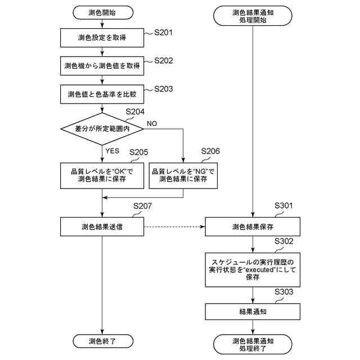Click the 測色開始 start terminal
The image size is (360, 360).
point(102,11)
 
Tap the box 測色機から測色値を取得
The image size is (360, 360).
point(102,65)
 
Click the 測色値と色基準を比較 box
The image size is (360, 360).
point(102,93)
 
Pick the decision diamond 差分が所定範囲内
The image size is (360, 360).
point(102,129)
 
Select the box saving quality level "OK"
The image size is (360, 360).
point(102,175)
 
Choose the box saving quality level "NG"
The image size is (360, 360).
point(183,175)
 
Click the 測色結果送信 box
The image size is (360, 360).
point(102,227)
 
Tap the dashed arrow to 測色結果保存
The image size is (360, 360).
point(174,227)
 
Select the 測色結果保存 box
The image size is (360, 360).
point(253,227)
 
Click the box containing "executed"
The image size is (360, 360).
point(253,269)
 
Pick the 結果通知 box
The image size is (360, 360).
point(253,311)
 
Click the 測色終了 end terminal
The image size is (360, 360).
point(102,341)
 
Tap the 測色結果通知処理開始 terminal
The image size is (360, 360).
point(253,15)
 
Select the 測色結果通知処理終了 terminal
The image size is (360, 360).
point(253,345)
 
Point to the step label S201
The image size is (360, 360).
point(164,32)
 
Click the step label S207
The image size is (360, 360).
point(143,206)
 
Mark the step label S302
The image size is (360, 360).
point(284,241)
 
